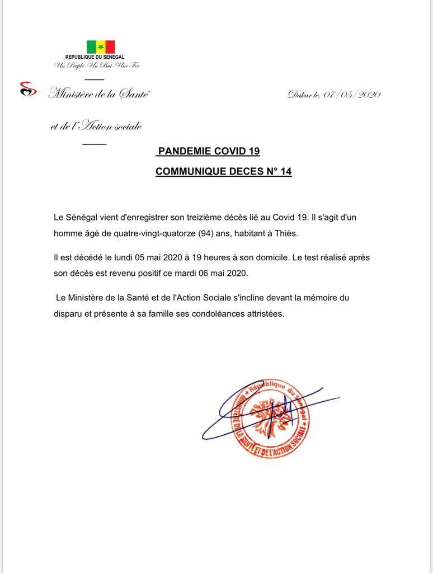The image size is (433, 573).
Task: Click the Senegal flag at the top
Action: [x=101, y=46]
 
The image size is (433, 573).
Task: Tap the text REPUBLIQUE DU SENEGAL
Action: [x=95, y=58]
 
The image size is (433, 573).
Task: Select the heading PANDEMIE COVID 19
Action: [x=209, y=151]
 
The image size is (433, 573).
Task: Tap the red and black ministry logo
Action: [x=28, y=89]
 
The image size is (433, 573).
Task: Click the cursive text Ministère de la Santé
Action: [x=99, y=94]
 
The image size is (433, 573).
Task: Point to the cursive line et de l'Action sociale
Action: [x=96, y=126]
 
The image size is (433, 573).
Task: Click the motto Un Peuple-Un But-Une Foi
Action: [x=96, y=66]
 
